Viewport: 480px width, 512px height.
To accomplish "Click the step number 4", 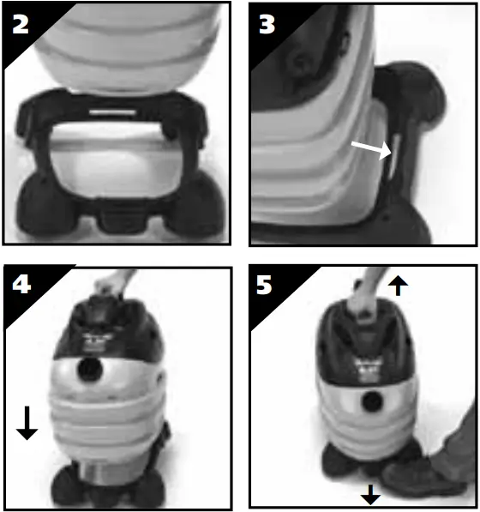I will click(x=20, y=286).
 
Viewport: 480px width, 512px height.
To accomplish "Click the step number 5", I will click(x=267, y=286).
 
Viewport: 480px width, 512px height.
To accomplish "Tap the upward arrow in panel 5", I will click(x=397, y=286).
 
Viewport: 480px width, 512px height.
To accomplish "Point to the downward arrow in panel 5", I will click(x=370, y=493).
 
